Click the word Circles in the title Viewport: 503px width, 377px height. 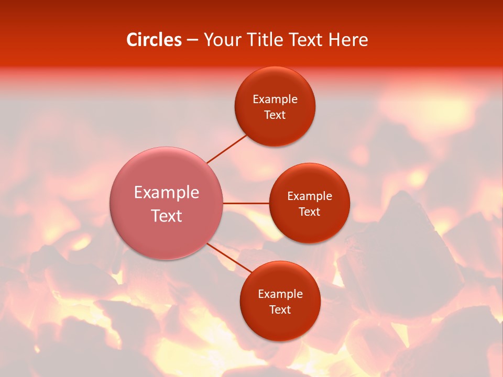point(154,40)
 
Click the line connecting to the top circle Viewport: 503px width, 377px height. point(226,149)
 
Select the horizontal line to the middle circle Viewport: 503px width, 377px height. point(246,203)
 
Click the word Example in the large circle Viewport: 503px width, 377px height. point(167,193)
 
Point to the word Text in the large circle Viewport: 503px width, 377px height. point(167,216)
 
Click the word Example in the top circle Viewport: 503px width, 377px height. point(275,99)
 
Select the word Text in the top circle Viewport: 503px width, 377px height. point(275,115)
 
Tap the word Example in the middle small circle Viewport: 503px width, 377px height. point(310,196)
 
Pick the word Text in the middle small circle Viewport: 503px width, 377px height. point(310,212)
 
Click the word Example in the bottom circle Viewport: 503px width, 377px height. point(280,294)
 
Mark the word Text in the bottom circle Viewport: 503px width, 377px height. point(280,310)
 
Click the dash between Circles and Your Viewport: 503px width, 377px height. point(192,40)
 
